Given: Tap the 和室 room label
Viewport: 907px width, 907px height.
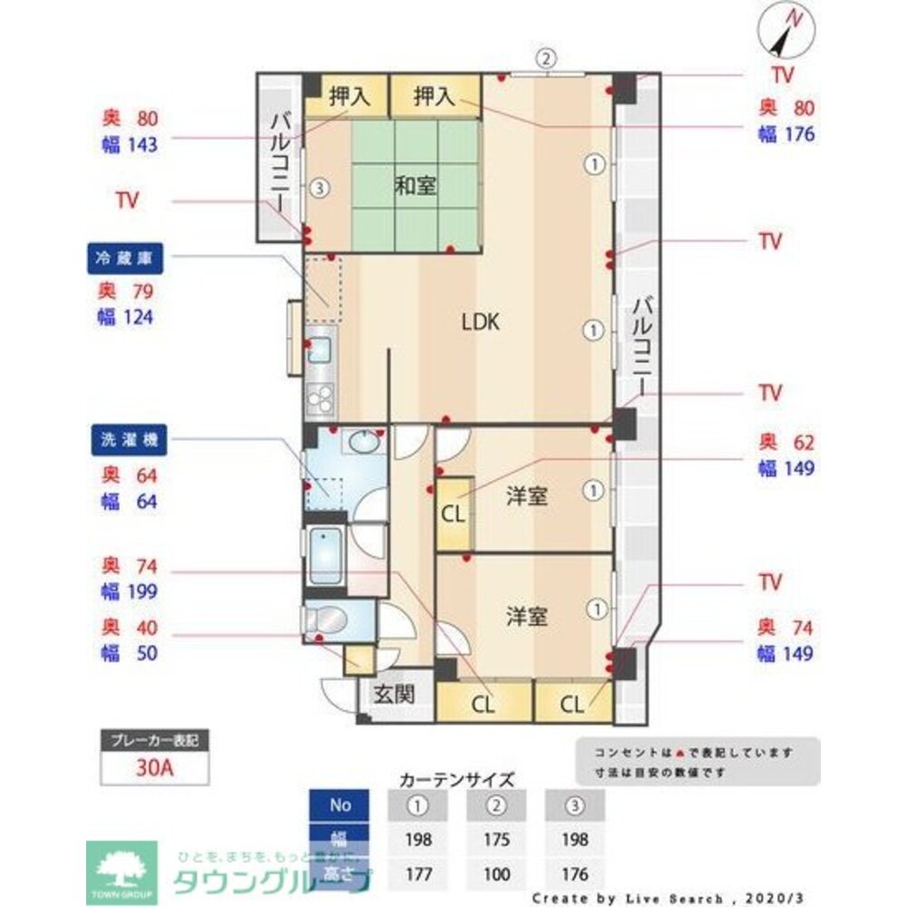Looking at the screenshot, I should click(415, 186).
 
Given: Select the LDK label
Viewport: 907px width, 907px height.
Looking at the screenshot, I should click(481, 321).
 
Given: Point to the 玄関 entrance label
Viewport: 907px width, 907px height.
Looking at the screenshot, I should click(395, 695).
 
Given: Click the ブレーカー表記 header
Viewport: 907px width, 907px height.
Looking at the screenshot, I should click(154, 739).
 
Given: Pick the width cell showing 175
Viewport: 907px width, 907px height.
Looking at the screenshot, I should click(495, 839).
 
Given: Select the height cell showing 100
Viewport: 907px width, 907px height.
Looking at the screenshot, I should click(495, 874).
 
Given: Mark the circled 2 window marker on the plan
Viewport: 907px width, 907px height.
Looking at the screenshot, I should click(544, 59).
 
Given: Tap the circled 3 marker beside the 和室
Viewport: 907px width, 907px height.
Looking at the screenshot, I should click(317, 189).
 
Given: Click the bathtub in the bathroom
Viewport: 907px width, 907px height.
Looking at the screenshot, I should click(327, 556).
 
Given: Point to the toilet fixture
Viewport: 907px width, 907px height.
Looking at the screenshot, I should click(328, 620).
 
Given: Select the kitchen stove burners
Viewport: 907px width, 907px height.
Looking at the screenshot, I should click(321, 395).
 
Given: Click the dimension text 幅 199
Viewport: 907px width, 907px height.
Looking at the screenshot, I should click(131, 592).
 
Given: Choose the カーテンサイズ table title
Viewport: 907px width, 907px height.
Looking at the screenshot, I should click(457, 779).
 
